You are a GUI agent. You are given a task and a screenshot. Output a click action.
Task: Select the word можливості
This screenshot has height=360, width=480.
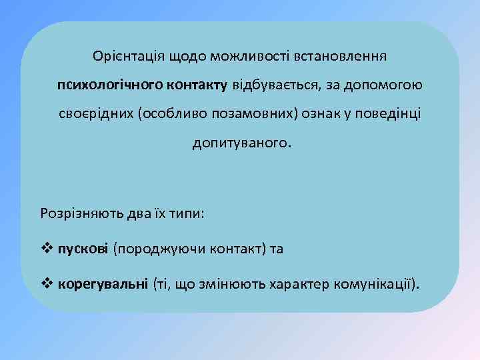tap(241, 55)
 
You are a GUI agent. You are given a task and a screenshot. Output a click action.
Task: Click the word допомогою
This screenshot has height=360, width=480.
tap(388, 85)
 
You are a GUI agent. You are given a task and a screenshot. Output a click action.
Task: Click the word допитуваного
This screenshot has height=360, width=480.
tap(241, 143)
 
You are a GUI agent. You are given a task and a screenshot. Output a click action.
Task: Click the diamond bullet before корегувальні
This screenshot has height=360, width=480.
tap(47, 285)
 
